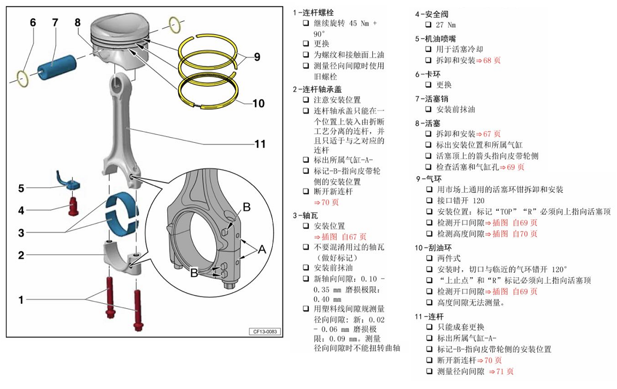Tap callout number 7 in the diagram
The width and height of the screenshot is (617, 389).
tap(55, 22)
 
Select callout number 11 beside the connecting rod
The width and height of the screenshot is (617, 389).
tap(260, 144)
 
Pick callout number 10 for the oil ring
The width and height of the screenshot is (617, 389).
tap(258, 103)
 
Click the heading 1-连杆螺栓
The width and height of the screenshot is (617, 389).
tap(313, 12)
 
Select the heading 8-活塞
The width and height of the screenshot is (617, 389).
tap(428, 123)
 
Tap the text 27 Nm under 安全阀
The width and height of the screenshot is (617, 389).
tap(446, 25)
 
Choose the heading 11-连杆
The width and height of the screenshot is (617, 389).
tap(430, 316)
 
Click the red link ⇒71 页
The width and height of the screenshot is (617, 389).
tap(501, 372)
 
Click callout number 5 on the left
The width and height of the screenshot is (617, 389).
tap(21, 188)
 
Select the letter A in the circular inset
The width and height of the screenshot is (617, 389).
tap(261, 250)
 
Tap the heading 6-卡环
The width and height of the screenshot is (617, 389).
tap(428, 74)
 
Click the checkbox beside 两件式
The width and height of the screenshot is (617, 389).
tap(430, 258)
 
